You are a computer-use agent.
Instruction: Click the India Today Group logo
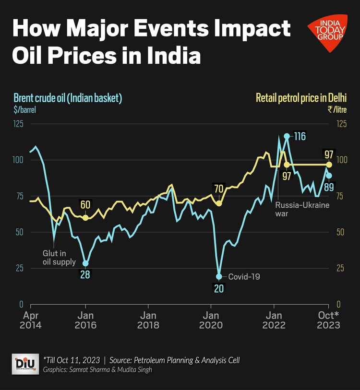click(x=327, y=33)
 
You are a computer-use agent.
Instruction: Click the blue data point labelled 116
click(x=287, y=136)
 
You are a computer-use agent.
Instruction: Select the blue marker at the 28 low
click(x=86, y=263)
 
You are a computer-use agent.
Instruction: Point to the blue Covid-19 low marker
click(x=219, y=276)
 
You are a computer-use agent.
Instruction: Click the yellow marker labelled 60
click(x=85, y=217)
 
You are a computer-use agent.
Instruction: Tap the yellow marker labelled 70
click(x=219, y=203)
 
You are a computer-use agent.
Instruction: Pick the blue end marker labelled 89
click(x=329, y=175)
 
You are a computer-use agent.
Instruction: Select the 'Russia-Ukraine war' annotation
click(x=296, y=210)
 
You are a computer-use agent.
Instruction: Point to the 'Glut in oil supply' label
click(x=59, y=258)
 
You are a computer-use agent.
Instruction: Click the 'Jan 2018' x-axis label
click(x=148, y=320)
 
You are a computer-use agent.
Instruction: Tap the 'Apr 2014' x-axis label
click(x=31, y=320)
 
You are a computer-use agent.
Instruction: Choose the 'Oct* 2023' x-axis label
click(x=329, y=320)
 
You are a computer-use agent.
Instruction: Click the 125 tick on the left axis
click(x=19, y=124)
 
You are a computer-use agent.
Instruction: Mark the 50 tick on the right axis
click(x=341, y=232)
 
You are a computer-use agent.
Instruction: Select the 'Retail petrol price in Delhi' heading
click(x=301, y=98)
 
